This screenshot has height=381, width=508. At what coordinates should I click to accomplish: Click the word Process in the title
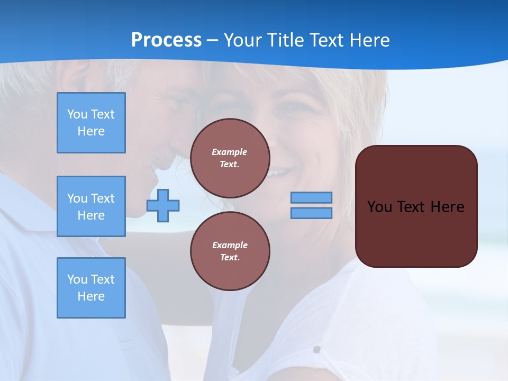coord(166,40)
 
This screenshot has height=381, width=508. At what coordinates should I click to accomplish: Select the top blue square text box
coord(91,123)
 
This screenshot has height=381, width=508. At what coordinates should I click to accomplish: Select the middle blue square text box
coord(91,206)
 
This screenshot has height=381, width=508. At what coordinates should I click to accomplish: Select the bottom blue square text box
coord(91,288)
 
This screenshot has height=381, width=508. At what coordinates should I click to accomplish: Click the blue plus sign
coord(163,205)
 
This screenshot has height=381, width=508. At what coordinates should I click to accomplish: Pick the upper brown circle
coord(230,158)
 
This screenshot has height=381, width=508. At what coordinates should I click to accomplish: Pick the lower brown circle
coord(230,251)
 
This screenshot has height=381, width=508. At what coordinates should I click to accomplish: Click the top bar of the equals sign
coord(312,198)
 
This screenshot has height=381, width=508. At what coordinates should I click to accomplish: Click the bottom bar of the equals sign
coord(312,213)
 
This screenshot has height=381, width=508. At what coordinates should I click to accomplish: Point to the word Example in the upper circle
coord(230,152)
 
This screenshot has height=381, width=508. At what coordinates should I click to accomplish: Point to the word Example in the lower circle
coord(230,246)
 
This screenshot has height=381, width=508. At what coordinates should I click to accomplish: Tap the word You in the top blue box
coord(77,114)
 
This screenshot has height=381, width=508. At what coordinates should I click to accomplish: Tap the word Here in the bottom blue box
coord(91,297)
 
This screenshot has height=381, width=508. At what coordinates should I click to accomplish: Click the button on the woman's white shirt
coord(316,349)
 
